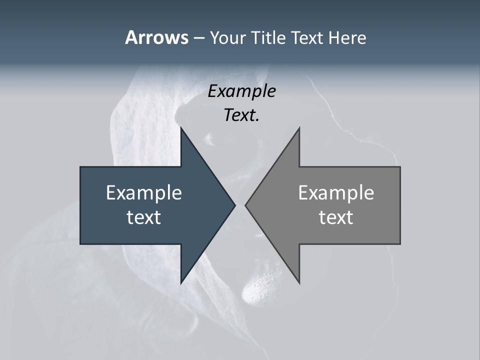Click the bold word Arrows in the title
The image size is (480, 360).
pos(156,37)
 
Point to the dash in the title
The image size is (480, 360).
pos(198,38)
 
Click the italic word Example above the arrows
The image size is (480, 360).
pos(242,91)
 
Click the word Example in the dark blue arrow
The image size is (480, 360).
pos(144,192)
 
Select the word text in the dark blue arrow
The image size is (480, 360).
pos(144,217)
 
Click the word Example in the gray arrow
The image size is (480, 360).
pos(336,192)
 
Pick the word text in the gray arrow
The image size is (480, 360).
pos(336,217)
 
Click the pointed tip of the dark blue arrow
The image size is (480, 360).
pos(234,205)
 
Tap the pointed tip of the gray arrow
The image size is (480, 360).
pos(245,205)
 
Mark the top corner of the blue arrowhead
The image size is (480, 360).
pos(181,127)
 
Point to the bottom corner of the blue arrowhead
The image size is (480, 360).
pos(181,283)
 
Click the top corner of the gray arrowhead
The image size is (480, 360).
pos(299,127)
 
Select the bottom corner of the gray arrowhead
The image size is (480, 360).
pos(299,283)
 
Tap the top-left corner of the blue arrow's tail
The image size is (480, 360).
pos(80,167)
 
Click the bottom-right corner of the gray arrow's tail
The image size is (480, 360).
pos(400,243)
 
